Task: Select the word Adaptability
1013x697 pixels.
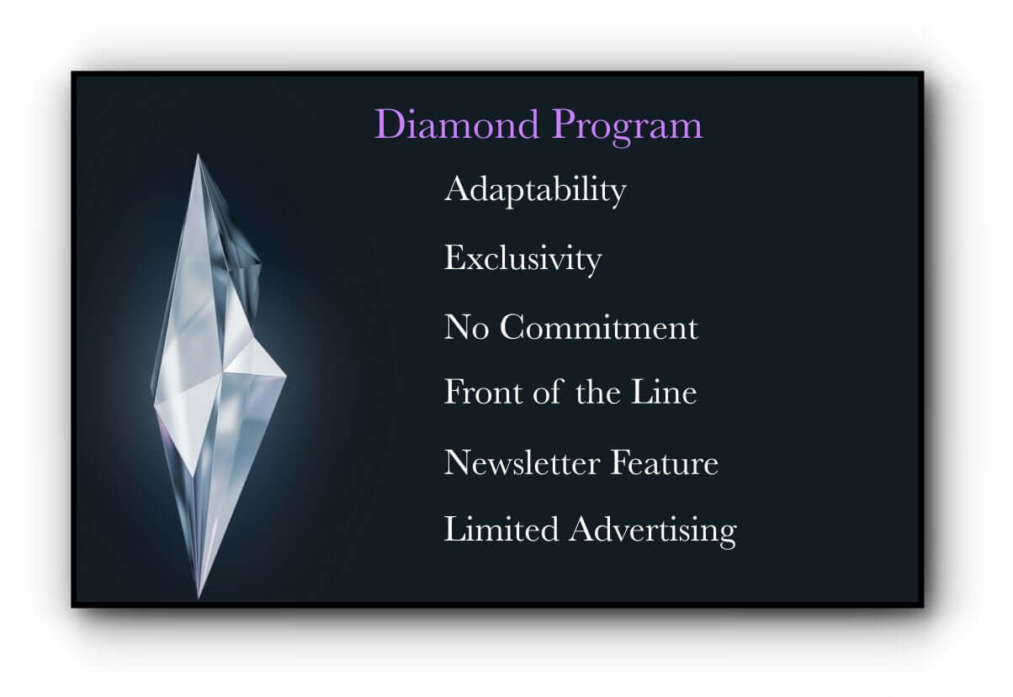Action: (535, 191)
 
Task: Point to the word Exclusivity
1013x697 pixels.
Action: (522, 258)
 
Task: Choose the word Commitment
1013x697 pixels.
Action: (599, 327)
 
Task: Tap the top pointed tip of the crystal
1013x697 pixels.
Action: (199, 156)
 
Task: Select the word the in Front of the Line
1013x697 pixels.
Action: (598, 392)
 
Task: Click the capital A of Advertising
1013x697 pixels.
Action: (582, 530)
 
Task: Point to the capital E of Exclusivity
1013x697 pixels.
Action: (453, 258)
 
